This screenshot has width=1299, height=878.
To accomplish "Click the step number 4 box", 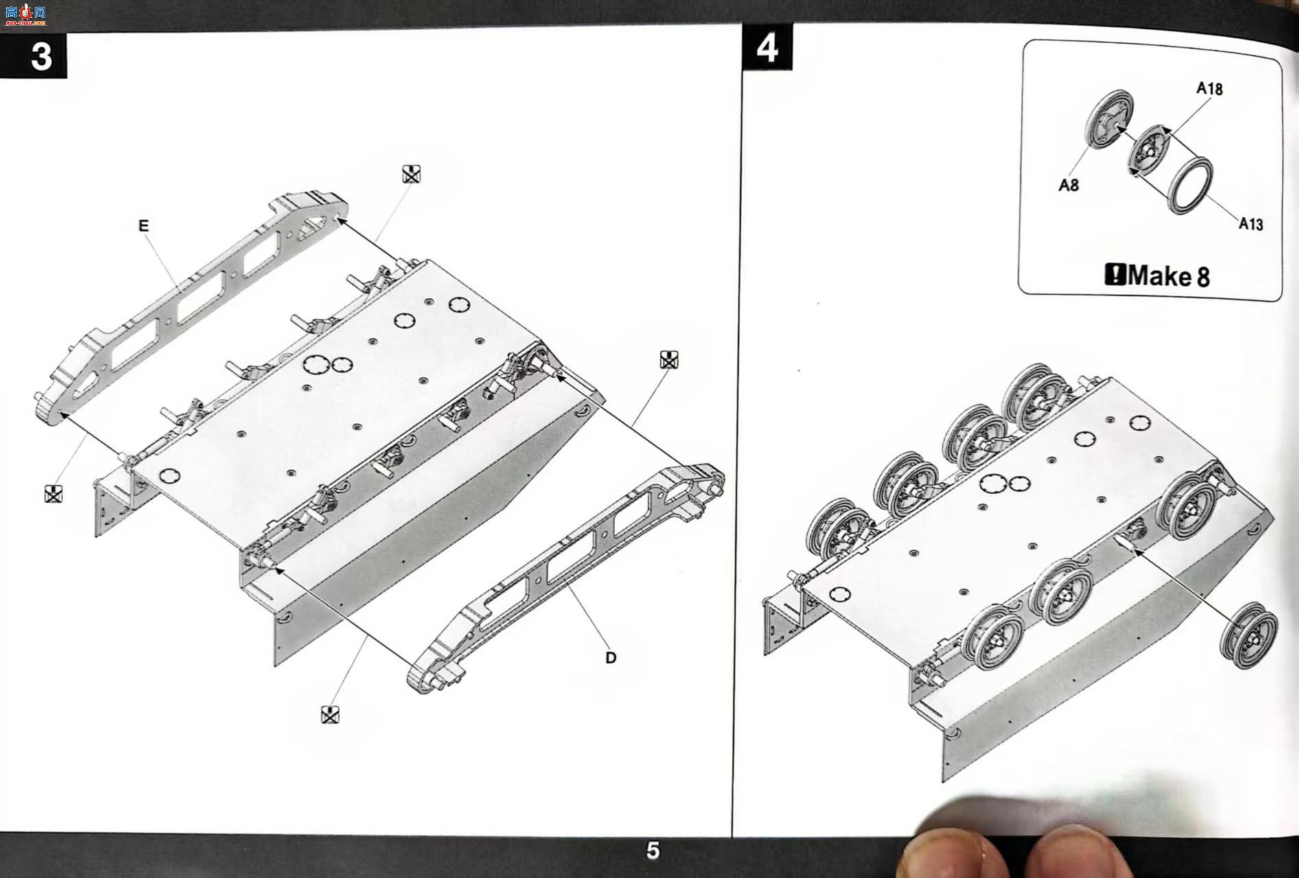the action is point(767,47).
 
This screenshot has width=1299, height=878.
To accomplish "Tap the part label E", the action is point(143,226).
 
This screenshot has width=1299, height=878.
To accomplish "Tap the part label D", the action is point(611,658).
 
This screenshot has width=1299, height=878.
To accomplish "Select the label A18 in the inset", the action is point(1209,89).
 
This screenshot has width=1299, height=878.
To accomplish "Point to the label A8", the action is point(1068,185).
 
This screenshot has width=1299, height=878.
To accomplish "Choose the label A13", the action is point(1250,224).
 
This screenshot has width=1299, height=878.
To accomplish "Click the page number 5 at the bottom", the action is point(652,851).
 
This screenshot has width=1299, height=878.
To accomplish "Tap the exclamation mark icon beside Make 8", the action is point(1115,275).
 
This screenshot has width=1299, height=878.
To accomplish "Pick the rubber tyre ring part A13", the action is point(1191,185).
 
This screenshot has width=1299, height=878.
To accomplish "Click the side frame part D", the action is point(566,577).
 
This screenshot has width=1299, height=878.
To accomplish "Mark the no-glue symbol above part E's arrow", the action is point(411,174).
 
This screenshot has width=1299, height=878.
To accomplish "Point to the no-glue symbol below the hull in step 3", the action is point(330,715).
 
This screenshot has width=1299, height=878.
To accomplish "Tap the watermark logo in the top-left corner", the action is point(25,14).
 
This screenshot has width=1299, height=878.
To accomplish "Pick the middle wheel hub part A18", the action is point(1149,150).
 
